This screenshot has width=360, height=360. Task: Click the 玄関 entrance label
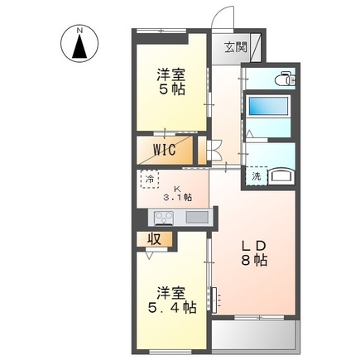pyautogui.click(x=234, y=48)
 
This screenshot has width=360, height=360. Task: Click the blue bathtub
pyautogui.click(x=267, y=108)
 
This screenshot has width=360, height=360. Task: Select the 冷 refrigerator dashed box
pyautogui.click(x=150, y=180)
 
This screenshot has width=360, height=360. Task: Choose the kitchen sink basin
pyautogui.click(x=197, y=218)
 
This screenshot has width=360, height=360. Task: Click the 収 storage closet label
pyautogui.click(x=155, y=239)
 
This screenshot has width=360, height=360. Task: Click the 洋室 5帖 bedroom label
pyautogui.click(x=172, y=81)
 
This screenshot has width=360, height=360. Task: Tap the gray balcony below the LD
pyautogui.click(x=254, y=334)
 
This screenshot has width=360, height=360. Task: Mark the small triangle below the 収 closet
pyautogui.click(x=148, y=257)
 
